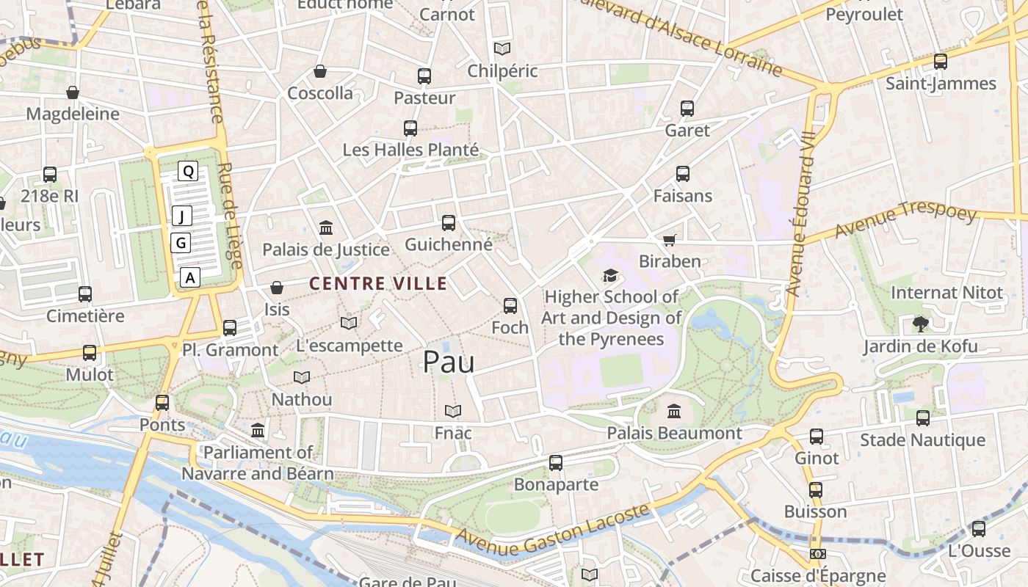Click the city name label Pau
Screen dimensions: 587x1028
pos(449,362)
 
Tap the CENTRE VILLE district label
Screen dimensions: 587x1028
pos(378,283)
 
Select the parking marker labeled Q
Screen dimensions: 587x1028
pos(189,172)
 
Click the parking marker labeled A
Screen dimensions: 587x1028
pos(190,277)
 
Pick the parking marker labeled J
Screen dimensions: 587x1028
pos(181,216)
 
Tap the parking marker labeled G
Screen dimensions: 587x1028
pos(181,243)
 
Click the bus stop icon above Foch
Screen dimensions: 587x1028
pos(510,306)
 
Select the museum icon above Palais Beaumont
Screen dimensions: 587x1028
pos(674,411)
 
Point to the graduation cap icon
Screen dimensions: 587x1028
pos(610,275)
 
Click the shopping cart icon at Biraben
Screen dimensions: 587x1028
pos(669,240)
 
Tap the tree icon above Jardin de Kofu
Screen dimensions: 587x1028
pos(920,324)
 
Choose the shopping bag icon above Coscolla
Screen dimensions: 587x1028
pos(320,71)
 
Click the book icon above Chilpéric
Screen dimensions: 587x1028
pos(502,49)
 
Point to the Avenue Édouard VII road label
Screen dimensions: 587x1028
pos(800,214)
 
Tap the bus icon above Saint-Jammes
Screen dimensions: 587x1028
pos(941,62)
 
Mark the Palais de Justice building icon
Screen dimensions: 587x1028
pos(326,227)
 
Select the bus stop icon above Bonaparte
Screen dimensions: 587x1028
pos(556,463)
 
